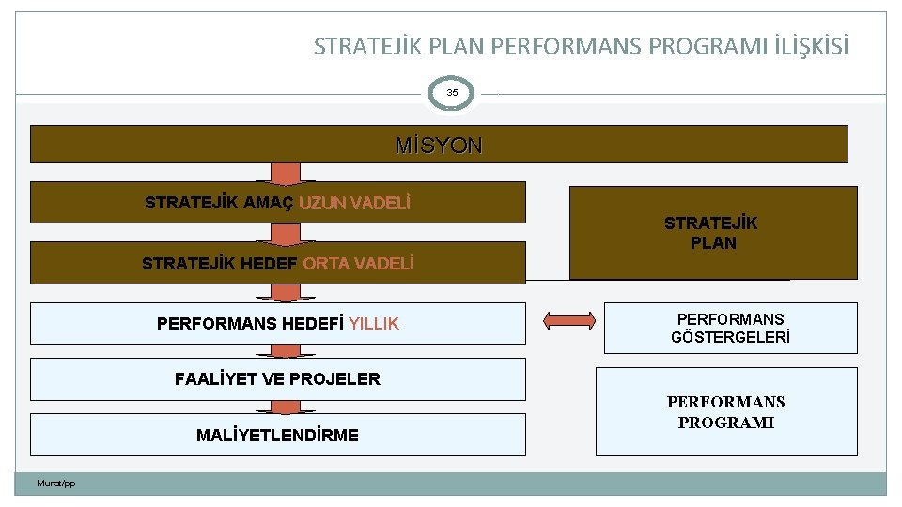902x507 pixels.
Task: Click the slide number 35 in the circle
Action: (452, 93)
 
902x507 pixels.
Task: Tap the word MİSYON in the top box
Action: (439, 146)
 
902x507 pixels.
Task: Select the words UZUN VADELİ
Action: (354, 203)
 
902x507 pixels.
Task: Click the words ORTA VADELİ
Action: (358, 264)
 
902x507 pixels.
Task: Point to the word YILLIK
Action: (374, 324)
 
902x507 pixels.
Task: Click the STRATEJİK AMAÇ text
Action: (219, 203)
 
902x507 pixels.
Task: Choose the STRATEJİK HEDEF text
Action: (220, 264)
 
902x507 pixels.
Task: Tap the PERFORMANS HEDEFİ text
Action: (250, 324)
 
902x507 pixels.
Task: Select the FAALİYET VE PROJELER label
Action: (277, 379)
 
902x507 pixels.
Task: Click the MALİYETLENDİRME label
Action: (277, 436)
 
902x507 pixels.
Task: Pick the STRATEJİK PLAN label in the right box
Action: (712, 233)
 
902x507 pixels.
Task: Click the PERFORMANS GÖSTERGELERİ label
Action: (730, 328)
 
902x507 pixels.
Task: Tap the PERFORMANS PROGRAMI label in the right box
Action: (725, 412)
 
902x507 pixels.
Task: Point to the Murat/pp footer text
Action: (55, 484)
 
